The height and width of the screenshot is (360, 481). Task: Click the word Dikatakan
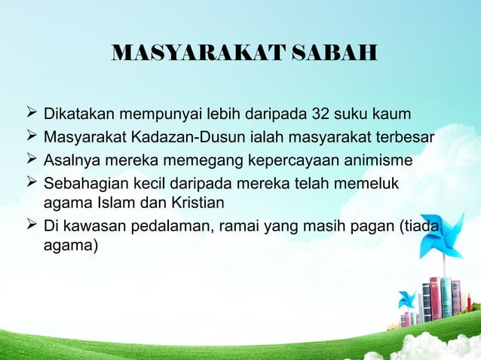pos(81,116)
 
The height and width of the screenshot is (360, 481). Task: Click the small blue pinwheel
pos(408,299)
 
